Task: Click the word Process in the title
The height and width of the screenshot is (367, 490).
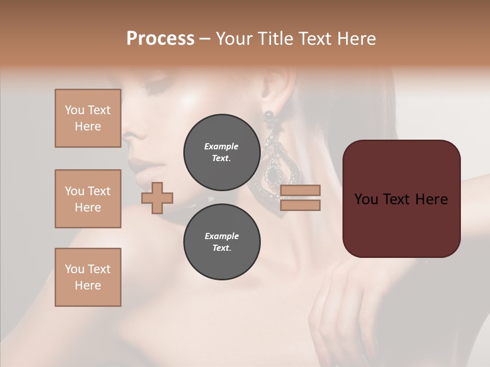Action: click(160, 39)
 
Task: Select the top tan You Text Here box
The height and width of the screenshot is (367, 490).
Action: click(88, 118)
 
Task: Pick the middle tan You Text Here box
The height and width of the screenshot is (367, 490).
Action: click(88, 199)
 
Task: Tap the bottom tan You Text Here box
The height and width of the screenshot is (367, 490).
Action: click(88, 277)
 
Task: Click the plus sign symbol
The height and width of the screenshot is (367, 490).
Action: click(157, 198)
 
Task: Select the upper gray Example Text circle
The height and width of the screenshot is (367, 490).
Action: click(222, 152)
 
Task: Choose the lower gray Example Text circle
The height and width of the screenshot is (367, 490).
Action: click(222, 242)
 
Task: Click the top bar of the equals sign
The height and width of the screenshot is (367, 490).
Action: click(300, 190)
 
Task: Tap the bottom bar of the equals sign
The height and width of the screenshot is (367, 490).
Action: click(300, 205)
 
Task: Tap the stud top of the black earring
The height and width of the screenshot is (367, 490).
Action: click(268, 116)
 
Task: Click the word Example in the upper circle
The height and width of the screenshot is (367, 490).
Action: click(222, 146)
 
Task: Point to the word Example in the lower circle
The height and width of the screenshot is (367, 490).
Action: click(222, 236)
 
